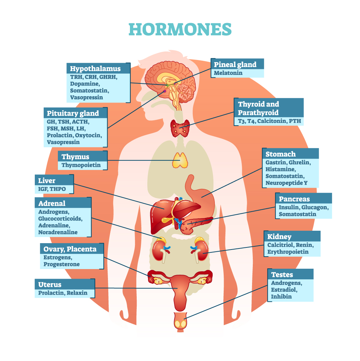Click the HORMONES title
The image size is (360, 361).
point(180,29)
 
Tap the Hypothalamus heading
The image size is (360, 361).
point(95,69)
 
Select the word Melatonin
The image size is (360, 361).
point(228,73)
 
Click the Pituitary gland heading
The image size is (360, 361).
point(73,113)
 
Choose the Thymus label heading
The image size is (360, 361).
point(75,157)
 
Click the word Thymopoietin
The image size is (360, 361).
point(81,165)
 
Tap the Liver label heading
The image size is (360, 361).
point(47,181)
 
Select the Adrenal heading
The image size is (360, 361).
point(52,203)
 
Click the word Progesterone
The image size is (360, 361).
point(61,264)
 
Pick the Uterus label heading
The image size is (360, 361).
point(50,285)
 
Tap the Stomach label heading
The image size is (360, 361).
point(280,154)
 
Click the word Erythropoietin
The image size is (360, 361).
point(288,252)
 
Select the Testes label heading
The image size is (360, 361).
point(282,275)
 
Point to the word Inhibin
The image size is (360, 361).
point(281,296)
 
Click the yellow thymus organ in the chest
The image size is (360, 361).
point(180,160)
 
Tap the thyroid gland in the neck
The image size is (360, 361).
point(180,128)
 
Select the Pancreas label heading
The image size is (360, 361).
point(294,199)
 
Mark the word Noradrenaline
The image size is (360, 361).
point(58,232)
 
